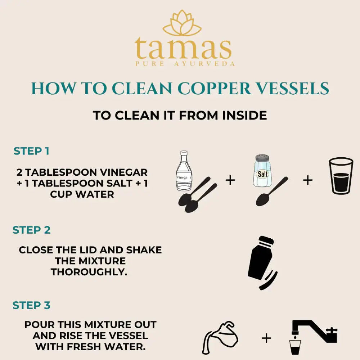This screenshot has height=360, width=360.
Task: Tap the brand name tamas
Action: click(183, 49)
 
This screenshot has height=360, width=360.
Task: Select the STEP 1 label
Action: click(31, 151)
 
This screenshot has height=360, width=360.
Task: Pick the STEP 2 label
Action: click(32, 230)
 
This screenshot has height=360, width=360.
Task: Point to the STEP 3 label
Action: click(32, 306)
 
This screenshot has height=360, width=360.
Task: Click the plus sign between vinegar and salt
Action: click(230, 180)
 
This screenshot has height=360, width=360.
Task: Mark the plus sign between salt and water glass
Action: click(307, 180)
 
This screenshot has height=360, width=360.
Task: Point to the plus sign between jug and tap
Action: click(266, 338)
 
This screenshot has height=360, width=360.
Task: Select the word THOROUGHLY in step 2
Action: click(89, 272)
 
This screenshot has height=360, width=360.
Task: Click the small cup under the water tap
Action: click(295, 347)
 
